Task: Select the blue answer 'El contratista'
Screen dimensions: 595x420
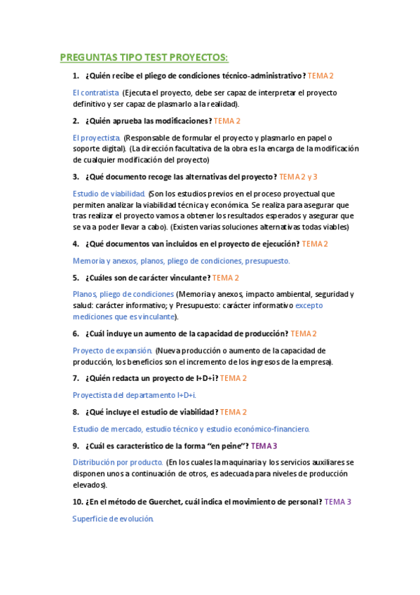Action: (x=96, y=93)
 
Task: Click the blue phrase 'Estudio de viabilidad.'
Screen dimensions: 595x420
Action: (x=109, y=194)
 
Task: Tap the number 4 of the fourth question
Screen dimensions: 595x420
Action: (x=75, y=244)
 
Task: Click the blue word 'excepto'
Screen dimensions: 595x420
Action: (x=309, y=305)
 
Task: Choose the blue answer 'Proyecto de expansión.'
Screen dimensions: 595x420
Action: (x=112, y=350)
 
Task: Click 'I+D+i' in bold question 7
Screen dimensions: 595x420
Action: (x=203, y=378)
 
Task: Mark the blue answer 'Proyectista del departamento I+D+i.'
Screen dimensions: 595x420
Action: (x=134, y=395)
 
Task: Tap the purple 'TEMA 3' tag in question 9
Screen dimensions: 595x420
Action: (x=264, y=446)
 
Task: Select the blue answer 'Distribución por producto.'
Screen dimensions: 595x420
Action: (x=118, y=462)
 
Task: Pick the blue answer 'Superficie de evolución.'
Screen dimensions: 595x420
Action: (x=112, y=519)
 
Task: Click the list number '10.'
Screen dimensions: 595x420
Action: (x=77, y=502)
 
